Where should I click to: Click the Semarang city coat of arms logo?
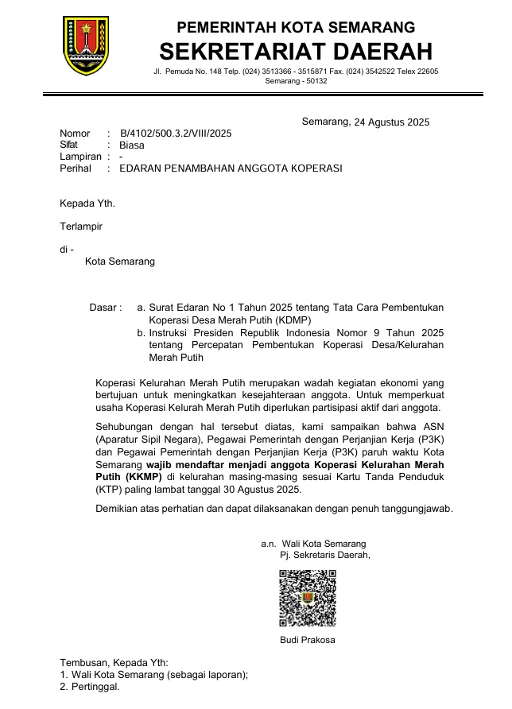click(x=86, y=45)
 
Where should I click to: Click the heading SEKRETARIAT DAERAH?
click(x=296, y=52)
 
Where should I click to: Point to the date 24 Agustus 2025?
click(x=392, y=122)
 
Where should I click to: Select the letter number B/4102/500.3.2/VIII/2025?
click(x=176, y=134)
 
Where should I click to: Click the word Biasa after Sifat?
click(x=132, y=145)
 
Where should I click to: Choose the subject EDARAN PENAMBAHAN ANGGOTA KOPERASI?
click(x=231, y=169)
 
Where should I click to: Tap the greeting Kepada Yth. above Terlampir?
click(x=87, y=203)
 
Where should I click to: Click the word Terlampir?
click(x=81, y=227)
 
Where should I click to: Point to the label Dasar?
click(x=105, y=307)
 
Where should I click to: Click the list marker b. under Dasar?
click(x=141, y=332)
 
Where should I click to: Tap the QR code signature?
click(x=307, y=598)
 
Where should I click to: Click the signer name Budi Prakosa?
click(x=307, y=640)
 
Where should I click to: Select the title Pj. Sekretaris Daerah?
click(x=320, y=556)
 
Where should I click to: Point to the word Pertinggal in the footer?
click(x=95, y=687)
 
